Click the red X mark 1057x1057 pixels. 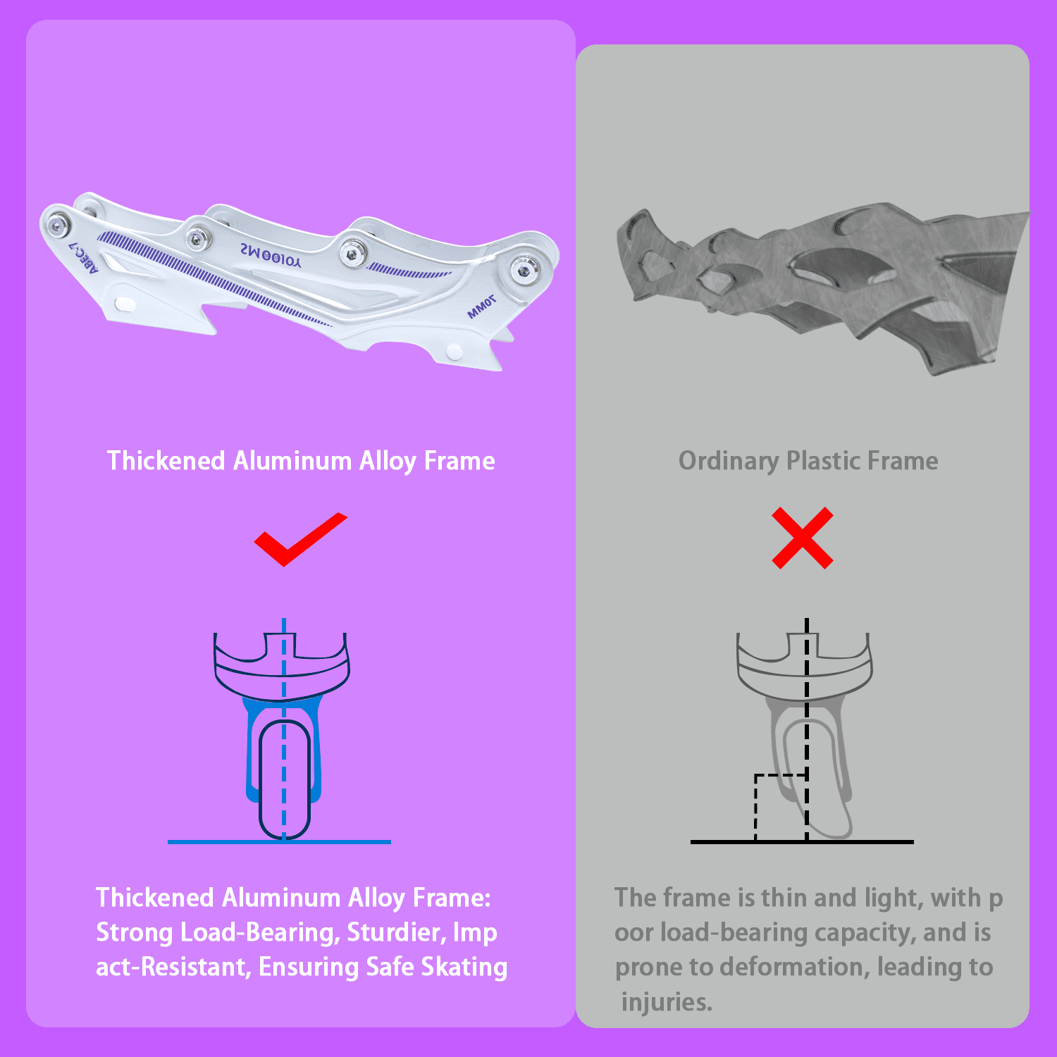803,538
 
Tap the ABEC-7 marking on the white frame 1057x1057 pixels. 84,254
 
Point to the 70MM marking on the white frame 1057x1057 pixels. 482,307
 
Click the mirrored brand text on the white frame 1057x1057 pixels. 271,254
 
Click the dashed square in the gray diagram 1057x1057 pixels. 781,808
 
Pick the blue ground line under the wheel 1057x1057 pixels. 279,841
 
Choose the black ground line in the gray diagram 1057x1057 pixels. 802,841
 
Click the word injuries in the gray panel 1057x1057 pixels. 667,1002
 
